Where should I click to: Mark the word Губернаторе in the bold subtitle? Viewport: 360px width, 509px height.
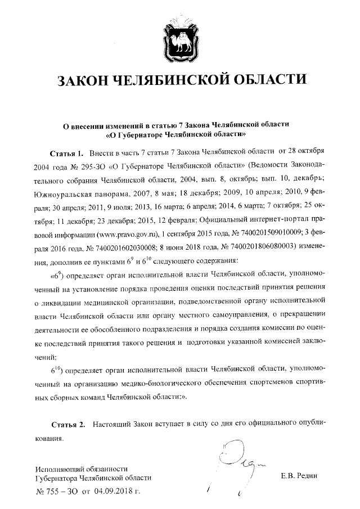143,135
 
